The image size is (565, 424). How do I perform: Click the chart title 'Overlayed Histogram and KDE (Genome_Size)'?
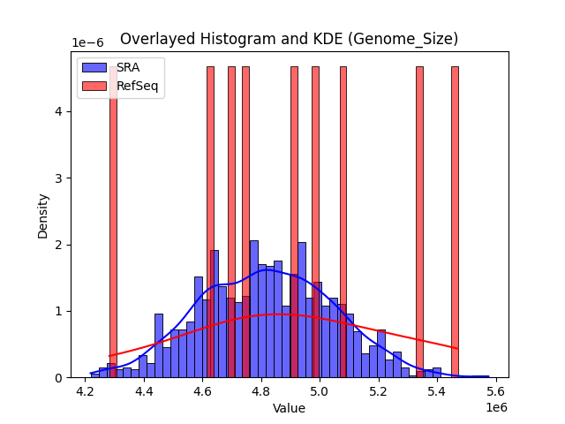289,39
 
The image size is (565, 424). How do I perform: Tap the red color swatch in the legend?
95,86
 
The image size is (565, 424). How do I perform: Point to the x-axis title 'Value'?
289,408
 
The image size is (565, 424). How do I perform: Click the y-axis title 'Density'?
42,215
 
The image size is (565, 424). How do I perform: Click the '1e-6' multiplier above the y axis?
87,43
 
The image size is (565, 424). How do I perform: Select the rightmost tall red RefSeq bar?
455,221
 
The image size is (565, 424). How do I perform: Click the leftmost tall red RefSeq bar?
113,221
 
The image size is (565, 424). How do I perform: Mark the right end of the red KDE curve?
458,348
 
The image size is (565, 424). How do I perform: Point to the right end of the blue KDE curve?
488,376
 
